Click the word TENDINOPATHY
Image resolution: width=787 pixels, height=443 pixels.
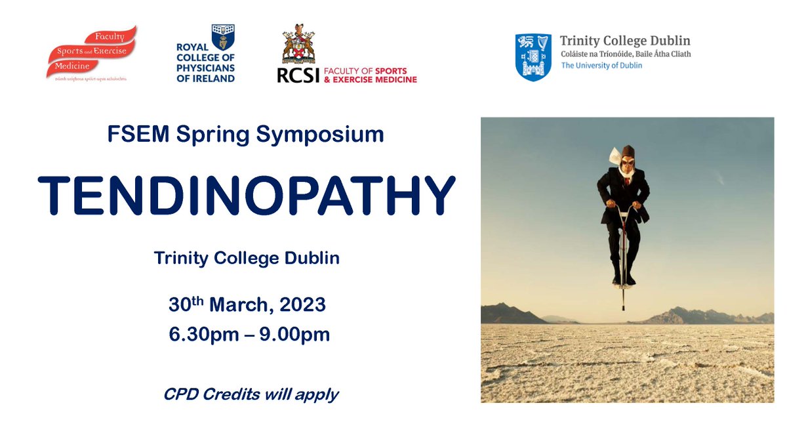[x=246, y=194]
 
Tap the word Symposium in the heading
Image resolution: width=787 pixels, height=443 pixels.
[x=321, y=134]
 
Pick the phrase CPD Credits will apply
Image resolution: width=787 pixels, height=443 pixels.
[x=251, y=394]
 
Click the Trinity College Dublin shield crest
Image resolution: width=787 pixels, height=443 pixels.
[x=533, y=57]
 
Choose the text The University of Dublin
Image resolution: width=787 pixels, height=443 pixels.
[x=601, y=66]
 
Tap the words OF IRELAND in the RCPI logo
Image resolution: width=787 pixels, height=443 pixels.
[x=205, y=79]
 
